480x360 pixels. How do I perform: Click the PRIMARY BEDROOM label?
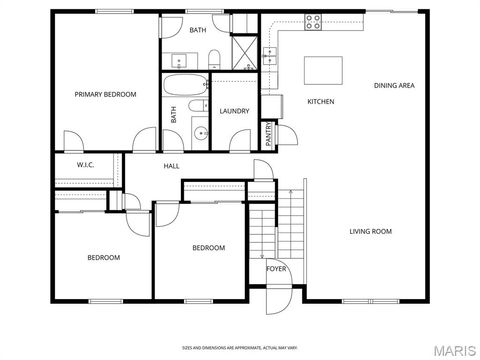click(105, 94)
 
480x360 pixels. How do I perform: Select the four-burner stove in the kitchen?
click(314, 21)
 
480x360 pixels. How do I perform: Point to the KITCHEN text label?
click(320, 102)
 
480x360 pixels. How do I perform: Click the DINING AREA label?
click(394, 86)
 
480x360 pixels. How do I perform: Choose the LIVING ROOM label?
click(370, 232)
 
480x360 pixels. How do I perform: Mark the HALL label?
click(172, 166)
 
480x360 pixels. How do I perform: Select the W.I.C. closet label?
click(85, 164)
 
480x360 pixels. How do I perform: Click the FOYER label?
click(276, 269)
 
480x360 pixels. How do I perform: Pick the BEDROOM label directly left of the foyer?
click(208, 248)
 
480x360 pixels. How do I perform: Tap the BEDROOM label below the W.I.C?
click(103, 258)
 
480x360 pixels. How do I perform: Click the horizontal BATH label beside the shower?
click(198, 31)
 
